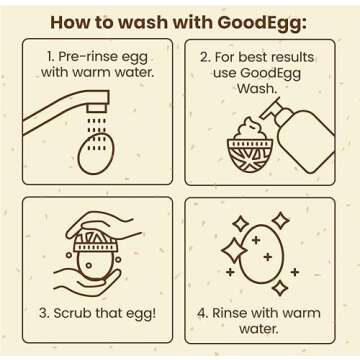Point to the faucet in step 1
pos(70,112)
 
